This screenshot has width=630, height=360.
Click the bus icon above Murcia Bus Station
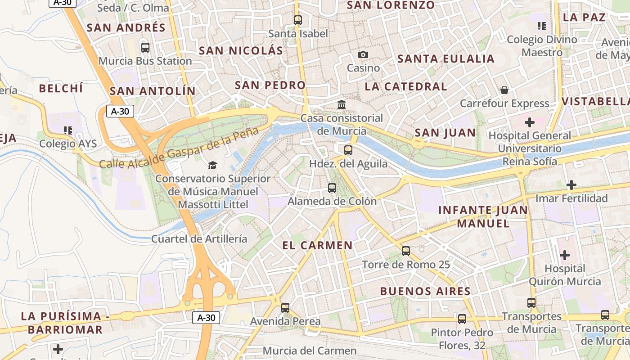point(145,47)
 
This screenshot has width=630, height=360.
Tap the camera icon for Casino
point(363,55)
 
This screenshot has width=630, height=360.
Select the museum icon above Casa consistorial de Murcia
point(342,105)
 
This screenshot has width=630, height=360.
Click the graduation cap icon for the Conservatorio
point(212,166)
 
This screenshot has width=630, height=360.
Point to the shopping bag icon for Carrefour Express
point(504,90)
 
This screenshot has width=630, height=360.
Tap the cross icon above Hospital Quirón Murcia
point(564,255)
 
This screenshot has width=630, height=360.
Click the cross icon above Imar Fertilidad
point(571,184)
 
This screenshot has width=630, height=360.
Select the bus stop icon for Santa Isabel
point(298,20)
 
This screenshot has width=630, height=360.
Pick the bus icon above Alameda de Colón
point(332,188)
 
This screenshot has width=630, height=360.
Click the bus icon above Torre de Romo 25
point(406,251)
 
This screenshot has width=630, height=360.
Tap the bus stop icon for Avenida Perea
point(285,308)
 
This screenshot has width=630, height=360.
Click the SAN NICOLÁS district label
point(241,50)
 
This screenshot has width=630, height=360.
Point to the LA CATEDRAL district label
point(406,86)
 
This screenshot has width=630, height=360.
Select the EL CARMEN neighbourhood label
point(317,245)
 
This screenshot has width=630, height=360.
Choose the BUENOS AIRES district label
point(425,291)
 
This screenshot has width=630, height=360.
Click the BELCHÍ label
point(61,88)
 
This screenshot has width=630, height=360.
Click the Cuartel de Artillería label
point(199,238)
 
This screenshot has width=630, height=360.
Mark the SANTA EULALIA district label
point(446,59)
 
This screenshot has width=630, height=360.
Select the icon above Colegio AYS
point(68,130)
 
